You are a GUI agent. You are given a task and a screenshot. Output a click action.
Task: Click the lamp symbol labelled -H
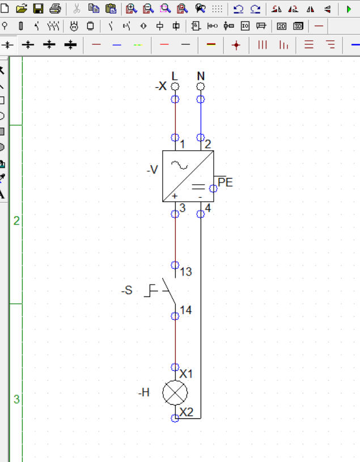(175, 393)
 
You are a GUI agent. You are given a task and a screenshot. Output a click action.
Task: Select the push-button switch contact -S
(168, 290)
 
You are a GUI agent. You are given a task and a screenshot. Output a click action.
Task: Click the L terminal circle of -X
(175, 87)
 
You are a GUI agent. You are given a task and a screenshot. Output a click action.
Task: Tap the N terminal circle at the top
(201, 87)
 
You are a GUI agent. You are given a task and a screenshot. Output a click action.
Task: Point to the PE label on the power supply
(226, 183)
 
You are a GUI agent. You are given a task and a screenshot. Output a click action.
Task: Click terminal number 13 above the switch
(186, 272)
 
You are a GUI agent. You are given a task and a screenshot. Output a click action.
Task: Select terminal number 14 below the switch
(186, 310)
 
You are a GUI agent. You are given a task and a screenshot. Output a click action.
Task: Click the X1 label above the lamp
(186, 374)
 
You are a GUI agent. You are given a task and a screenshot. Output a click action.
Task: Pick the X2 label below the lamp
(187, 412)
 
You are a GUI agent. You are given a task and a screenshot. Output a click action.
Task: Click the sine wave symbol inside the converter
(179, 166)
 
